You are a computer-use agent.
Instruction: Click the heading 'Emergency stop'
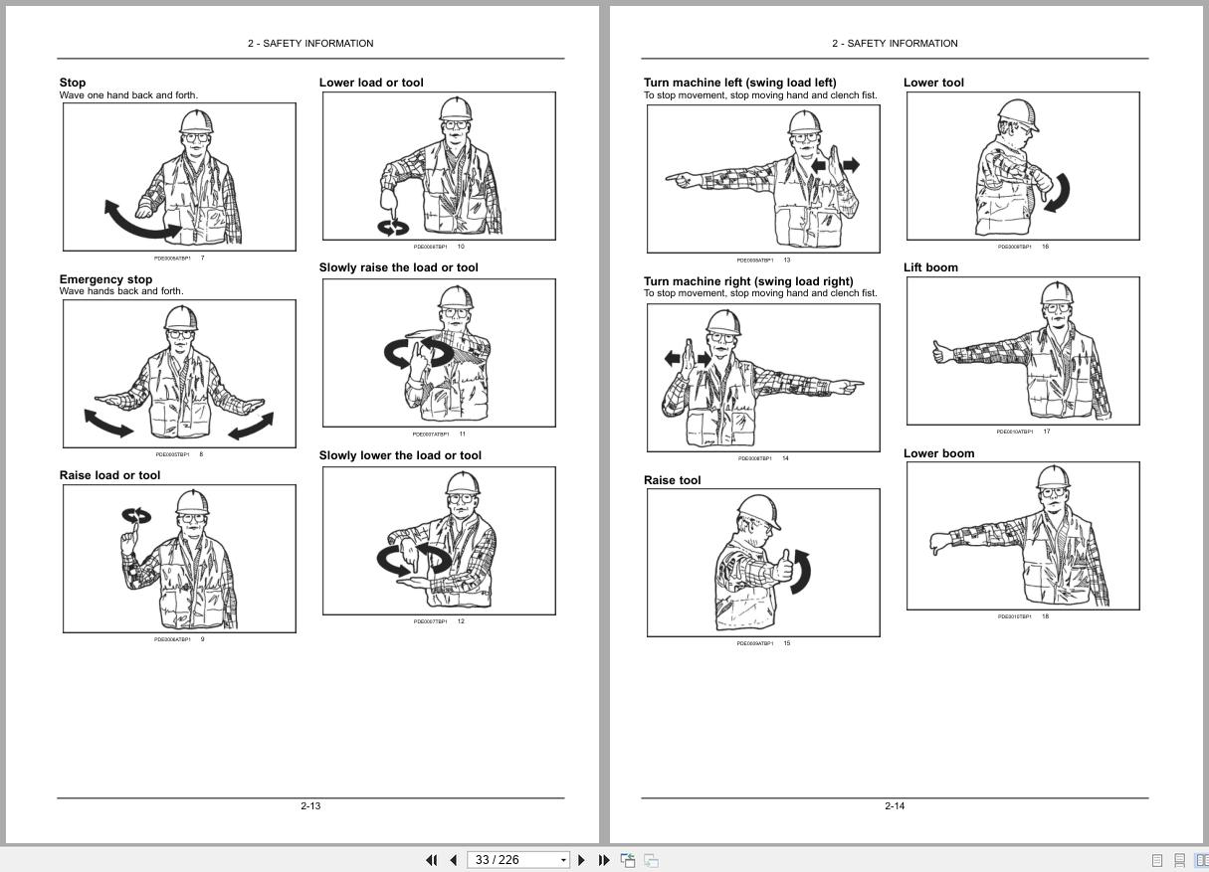[x=105, y=279]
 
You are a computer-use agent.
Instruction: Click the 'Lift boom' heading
[x=930, y=267]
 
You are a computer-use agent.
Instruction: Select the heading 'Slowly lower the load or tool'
[x=400, y=455]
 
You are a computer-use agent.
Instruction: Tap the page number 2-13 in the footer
[x=310, y=805]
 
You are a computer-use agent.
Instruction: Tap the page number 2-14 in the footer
[x=895, y=805]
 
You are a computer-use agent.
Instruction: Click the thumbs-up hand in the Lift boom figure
[x=939, y=352]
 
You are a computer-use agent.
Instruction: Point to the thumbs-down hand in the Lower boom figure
[x=937, y=543]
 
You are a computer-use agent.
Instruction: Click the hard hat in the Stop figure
[x=196, y=122]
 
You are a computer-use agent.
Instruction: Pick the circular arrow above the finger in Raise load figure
[x=136, y=515]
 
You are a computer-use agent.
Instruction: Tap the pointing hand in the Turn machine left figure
[x=682, y=179]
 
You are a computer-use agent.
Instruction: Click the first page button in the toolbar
[x=432, y=860]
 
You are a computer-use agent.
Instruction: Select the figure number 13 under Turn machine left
[x=786, y=260]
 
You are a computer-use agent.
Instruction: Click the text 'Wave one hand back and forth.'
[x=128, y=95]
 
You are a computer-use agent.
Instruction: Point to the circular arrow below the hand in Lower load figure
[x=393, y=228]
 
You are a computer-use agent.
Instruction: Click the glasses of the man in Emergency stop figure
[x=180, y=335]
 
